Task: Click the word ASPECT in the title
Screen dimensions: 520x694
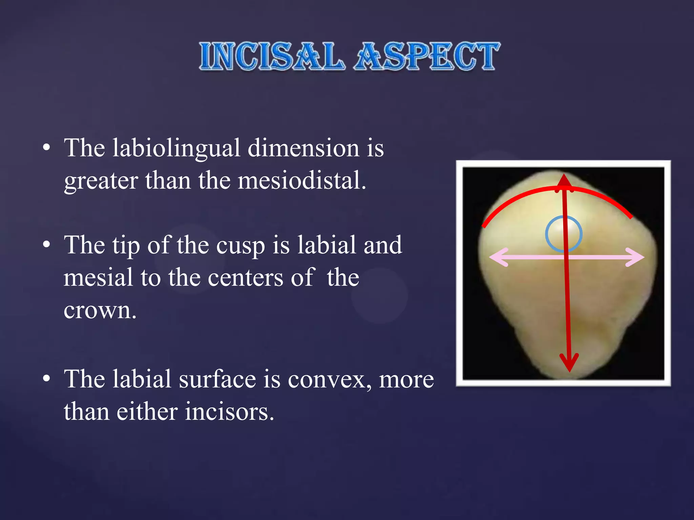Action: click(427, 57)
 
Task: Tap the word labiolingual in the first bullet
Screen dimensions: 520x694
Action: click(176, 148)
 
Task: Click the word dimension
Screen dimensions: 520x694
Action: click(303, 148)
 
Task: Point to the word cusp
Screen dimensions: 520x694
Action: click(241, 245)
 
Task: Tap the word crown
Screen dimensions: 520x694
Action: click(100, 310)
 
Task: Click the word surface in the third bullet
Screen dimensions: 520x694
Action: click(217, 380)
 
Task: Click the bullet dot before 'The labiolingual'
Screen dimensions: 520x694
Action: click(47, 148)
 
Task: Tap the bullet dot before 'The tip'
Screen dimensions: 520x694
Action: click(47, 244)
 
